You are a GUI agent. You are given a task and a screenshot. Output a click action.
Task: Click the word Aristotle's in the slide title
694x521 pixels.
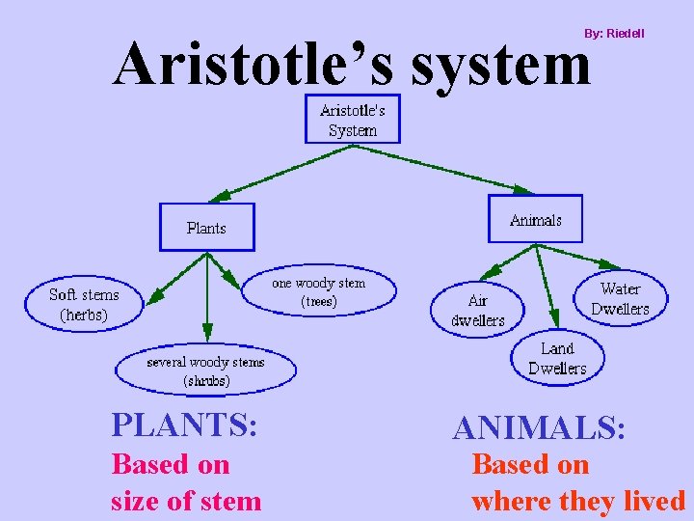coord(255,66)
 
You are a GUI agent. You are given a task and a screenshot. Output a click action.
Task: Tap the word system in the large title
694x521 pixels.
coord(500,66)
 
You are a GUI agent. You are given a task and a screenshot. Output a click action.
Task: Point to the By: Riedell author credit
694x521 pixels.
coord(614,34)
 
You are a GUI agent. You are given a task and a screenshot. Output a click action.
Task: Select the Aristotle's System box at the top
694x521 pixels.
coord(352,120)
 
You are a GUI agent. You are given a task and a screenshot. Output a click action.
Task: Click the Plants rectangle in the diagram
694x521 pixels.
coord(206,228)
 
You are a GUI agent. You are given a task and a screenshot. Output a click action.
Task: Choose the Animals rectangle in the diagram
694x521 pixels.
coord(535,220)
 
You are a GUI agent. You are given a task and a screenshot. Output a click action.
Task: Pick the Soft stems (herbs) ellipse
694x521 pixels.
coord(84,305)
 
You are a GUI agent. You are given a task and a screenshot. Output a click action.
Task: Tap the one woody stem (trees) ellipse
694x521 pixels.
coord(318,292)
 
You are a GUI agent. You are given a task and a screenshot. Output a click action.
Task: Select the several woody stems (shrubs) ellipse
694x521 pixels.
coord(205,371)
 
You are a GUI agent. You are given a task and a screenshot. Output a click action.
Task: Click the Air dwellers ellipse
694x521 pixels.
coord(478,310)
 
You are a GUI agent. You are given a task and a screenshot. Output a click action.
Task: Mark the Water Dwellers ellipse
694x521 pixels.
coord(620,298)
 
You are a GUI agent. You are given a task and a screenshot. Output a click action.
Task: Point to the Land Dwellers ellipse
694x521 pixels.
coord(557,358)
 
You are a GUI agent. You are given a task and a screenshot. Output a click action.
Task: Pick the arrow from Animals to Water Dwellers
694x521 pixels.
coord(578,255)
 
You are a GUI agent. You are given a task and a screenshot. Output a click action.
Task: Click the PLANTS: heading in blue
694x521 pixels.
coord(184,425)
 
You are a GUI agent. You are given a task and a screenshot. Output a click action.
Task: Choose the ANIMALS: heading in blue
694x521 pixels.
coord(540,427)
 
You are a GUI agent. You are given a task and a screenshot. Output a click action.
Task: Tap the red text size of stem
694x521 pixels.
coord(186,501)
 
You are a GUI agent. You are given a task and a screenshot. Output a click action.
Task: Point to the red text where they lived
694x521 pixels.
coord(578,501)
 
